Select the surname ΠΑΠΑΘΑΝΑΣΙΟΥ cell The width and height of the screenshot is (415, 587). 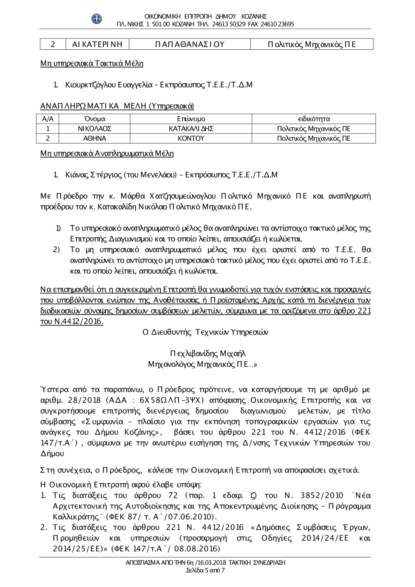point(190,44)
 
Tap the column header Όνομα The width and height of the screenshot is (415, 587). point(95,119)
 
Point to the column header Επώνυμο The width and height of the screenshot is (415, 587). point(191,119)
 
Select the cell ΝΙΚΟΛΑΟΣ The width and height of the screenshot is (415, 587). point(95,129)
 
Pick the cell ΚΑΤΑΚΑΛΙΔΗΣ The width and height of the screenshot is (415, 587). point(191,129)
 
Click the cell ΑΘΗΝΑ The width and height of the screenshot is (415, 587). point(95,139)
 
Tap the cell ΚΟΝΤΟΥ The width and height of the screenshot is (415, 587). point(191,139)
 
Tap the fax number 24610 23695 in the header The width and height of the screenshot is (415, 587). point(278,24)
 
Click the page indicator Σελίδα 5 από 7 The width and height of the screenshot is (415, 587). point(205,570)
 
